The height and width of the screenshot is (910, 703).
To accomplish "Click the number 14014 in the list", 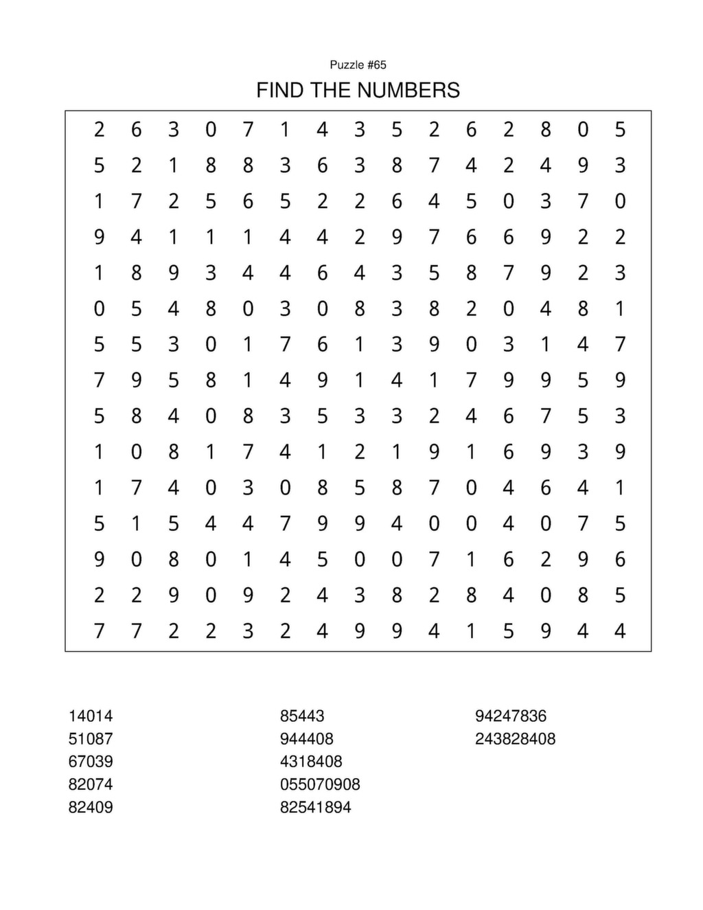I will point(91,716).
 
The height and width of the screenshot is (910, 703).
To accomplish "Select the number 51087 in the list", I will point(91,739).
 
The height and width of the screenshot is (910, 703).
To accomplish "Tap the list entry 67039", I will point(91,762).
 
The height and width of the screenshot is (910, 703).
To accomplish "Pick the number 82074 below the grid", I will point(91,784).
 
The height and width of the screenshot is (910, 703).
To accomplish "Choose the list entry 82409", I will point(91,807).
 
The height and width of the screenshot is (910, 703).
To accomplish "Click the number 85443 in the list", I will point(302,716).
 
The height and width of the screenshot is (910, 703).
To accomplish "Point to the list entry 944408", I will point(307,739).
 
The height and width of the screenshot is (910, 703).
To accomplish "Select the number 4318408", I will point(311,762).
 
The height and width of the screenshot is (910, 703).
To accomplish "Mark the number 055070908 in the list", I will point(320,784).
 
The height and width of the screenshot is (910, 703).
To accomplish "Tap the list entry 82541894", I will point(316,807).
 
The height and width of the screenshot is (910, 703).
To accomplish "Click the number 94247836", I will point(511,716).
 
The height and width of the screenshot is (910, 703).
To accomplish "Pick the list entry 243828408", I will point(515,739).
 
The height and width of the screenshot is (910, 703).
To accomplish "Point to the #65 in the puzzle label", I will point(377,65).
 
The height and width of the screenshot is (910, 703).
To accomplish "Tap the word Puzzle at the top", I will point(347,65).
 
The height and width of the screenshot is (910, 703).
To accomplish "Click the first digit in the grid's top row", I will point(100,129).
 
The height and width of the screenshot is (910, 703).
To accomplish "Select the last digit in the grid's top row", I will point(620,129).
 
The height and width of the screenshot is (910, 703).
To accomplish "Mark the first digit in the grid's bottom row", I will point(100,630).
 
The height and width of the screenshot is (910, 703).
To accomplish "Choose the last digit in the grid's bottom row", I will point(620,630).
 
